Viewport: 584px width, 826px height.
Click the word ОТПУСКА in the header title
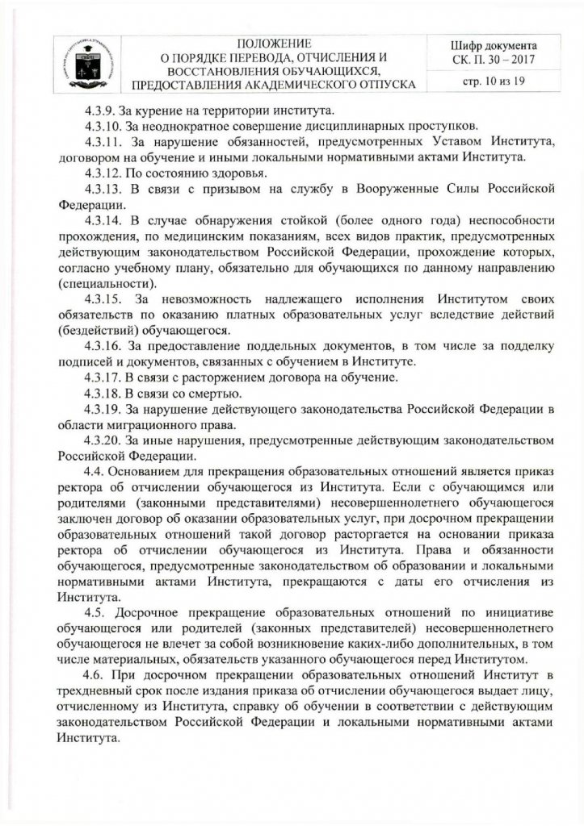tap(381, 85)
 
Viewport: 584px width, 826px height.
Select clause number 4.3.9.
tap(98, 110)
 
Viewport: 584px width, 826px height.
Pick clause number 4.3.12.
tap(101, 172)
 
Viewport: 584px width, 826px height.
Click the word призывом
tap(221, 188)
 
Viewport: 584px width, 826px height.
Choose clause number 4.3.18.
tap(101, 393)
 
